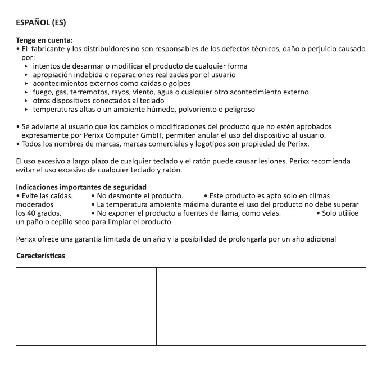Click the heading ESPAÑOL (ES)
41,23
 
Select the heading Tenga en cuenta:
44,40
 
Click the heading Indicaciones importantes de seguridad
81,187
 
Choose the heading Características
40,256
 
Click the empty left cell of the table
86,307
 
